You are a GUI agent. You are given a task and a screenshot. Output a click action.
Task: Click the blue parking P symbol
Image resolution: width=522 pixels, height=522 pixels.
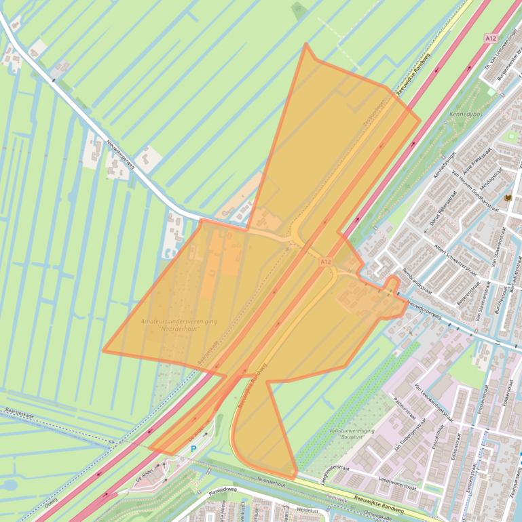coord(193,449)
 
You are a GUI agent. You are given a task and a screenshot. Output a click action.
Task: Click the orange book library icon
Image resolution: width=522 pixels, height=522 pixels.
coord(508,197)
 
